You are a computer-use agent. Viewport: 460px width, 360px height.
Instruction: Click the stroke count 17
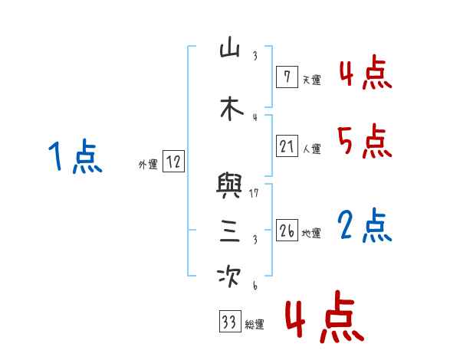[x=254, y=193]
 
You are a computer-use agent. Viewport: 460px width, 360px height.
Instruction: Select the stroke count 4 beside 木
[x=255, y=117]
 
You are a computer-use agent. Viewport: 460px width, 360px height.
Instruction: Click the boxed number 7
[x=286, y=77]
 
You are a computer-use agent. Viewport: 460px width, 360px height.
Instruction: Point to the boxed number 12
[x=173, y=162]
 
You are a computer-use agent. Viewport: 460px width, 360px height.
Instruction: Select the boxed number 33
[x=228, y=322]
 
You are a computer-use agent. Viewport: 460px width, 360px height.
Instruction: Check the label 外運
[x=147, y=164]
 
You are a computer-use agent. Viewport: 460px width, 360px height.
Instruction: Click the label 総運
[x=254, y=325]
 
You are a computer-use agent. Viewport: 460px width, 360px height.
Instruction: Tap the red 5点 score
[x=364, y=140]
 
